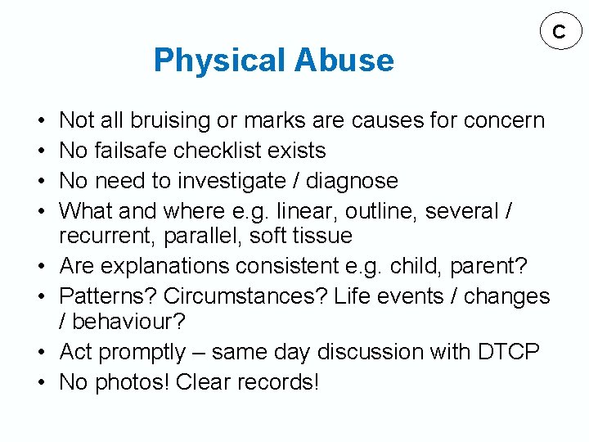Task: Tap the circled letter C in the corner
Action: [559, 32]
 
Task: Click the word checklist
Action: [225, 151]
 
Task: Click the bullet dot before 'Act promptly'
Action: [41, 352]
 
